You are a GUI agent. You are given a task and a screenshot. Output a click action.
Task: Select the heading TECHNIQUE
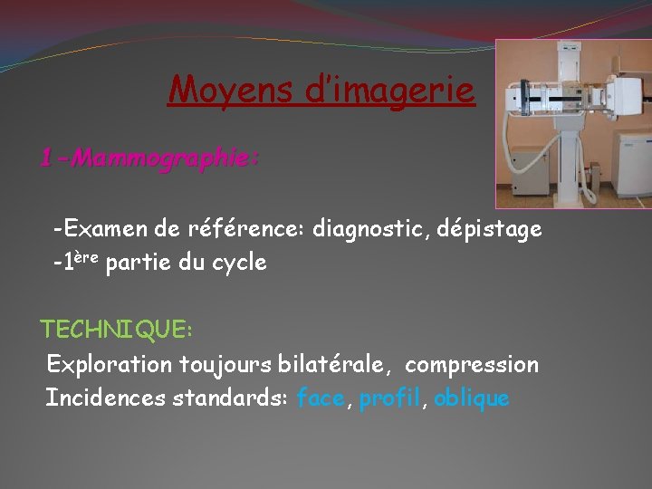click(116, 331)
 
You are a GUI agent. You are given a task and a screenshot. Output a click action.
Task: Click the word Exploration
click(110, 365)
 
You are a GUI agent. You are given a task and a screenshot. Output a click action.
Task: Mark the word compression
click(471, 365)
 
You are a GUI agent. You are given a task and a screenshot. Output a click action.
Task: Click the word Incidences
click(105, 398)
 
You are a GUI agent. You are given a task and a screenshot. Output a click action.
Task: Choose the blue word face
click(321, 398)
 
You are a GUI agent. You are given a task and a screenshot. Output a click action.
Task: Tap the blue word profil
click(389, 398)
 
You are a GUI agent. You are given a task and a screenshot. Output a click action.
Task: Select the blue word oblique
click(472, 398)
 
